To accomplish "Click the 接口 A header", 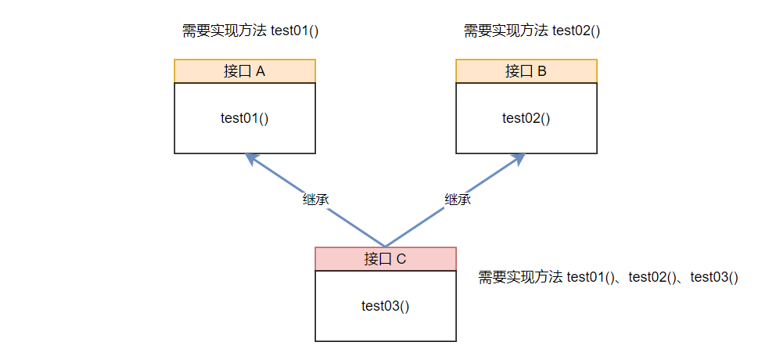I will click(x=244, y=71).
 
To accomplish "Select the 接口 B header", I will click(x=526, y=71).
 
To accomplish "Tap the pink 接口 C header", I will click(x=385, y=259).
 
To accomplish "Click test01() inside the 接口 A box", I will click(x=244, y=118).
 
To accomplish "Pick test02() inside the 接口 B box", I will click(x=526, y=118).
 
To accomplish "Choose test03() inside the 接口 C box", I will click(x=385, y=306).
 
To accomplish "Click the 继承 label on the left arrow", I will click(x=315, y=199).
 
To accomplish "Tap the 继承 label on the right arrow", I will click(x=458, y=199).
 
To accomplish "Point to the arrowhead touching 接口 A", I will click(x=250, y=157).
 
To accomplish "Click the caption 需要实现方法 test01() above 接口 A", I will click(x=253, y=31).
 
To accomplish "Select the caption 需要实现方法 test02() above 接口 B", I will click(x=536, y=31).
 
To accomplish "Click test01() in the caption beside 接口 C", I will click(x=591, y=277).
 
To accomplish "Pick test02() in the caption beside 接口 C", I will click(x=652, y=277).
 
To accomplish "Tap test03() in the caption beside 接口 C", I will click(x=714, y=277).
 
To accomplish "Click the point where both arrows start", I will click(x=385, y=246).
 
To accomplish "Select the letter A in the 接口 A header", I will click(x=260, y=71).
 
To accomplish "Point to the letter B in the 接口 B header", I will click(x=542, y=71).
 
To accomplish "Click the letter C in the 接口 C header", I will click(x=401, y=259).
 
